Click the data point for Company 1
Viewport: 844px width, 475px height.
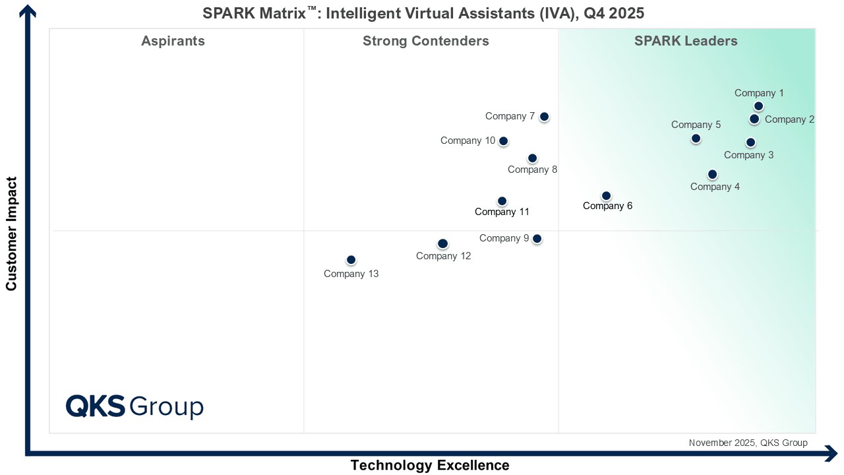pyautogui.click(x=758, y=106)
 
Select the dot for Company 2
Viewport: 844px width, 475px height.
pyautogui.click(x=754, y=119)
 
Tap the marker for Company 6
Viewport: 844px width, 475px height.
pyautogui.click(x=606, y=196)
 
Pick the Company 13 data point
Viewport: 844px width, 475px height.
pyautogui.click(x=351, y=260)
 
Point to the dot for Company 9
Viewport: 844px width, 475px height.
pyautogui.click(x=537, y=239)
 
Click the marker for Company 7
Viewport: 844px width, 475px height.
pyautogui.click(x=544, y=117)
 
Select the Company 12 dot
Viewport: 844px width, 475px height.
pyautogui.click(x=442, y=244)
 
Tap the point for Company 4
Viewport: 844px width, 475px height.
pyautogui.click(x=712, y=174)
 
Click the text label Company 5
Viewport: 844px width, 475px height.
pyautogui.click(x=696, y=125)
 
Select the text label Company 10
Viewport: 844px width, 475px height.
pyautogui.click(x=467, y=141)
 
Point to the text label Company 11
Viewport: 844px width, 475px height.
pyautogui.click(x=502, y=212)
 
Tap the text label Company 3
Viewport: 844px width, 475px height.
pyautogui.click(x=748, y=155)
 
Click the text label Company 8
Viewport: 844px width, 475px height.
pyautogui.click(x=532, y=170)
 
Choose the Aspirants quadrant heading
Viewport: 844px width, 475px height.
pyautogui.click(x=173, y=41)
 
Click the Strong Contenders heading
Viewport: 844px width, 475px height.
pyautogui.click(x=426, y=41)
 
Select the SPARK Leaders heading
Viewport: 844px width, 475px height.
pyautogui.click(x=686, y=41)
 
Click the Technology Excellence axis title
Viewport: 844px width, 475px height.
pyautogui.click(x=430, y=465)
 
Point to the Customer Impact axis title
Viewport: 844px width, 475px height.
pyautogui.click(x=11, y=234)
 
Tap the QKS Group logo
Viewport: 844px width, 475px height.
pyautogui.click(x=135, y=406)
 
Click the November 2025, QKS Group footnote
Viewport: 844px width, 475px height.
pyautogui.click(x=748, y=443)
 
